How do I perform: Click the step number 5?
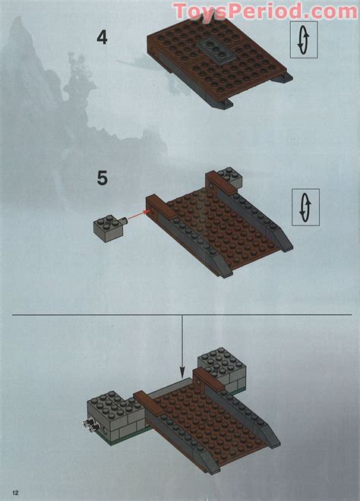(x=103, y=180)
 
